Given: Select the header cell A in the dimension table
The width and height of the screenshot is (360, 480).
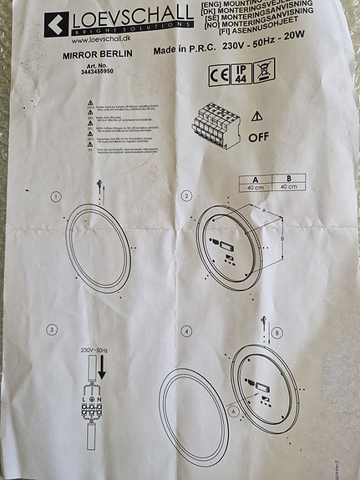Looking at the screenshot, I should click(253, 179).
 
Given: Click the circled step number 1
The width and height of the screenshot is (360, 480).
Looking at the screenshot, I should click(54, 197).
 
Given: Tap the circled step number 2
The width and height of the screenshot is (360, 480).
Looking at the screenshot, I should click(187, 196).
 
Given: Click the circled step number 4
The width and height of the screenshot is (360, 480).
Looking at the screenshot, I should click(186, 331).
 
